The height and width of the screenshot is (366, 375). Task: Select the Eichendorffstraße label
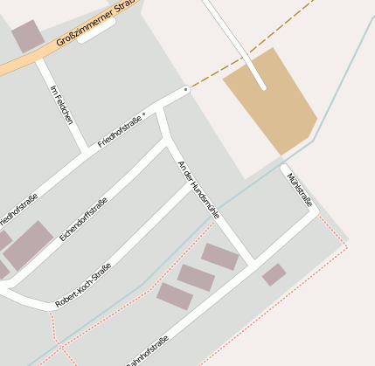pos(83,220)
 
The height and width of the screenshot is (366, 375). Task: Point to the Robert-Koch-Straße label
pos(83,285)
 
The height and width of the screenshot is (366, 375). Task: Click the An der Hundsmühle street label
pos(199,188)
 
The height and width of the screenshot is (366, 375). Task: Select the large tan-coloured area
pos(271,100)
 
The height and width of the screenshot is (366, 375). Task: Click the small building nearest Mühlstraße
pos(274,274)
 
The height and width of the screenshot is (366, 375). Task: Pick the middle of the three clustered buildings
pos(196,278)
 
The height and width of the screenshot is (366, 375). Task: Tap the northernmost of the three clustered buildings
pos(220,257)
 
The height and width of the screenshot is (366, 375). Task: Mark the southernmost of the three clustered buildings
pos(175,296)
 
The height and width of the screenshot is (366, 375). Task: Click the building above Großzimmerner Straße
pos(27,35)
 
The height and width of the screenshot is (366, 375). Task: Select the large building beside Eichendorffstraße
pos(28,245)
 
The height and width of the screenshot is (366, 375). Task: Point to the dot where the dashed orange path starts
pos(186,89)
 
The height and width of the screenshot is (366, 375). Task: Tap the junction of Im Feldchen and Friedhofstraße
pos(85,150)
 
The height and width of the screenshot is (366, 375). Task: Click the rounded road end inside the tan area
pos(262,86)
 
